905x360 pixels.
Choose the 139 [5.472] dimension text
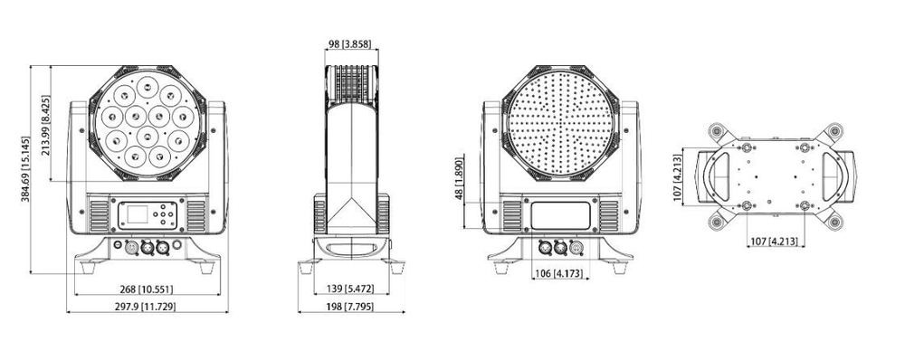click(x=352, y=289)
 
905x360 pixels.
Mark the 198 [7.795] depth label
click(x=352, y=308)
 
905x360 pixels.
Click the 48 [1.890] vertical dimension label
click(x=460, y=182)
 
